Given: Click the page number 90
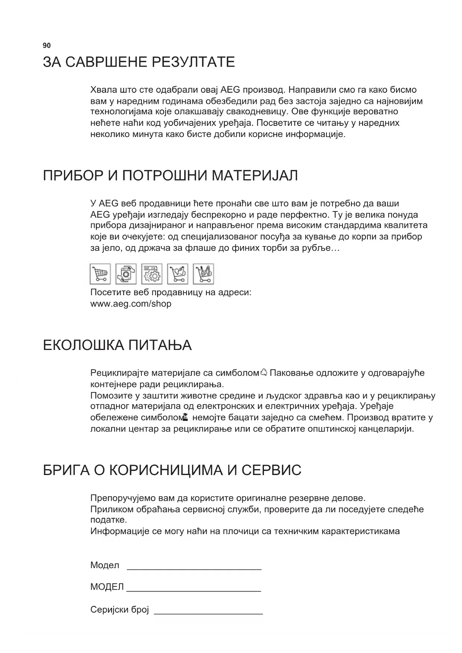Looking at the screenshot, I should point(47,46).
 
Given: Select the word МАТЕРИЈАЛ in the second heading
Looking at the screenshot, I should point(255,175).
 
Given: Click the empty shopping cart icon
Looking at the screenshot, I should point(100,274).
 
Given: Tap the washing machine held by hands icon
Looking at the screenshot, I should point(126,274).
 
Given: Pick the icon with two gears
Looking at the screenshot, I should point(152,274).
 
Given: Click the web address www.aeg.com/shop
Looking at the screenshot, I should point(131,304).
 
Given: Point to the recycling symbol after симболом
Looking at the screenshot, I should point(264,372).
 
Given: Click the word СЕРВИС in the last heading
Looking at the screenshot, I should point(271,471).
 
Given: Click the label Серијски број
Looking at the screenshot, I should point(120,610).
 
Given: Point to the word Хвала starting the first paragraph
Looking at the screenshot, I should point(103,90).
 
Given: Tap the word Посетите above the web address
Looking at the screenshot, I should point(110,293).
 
